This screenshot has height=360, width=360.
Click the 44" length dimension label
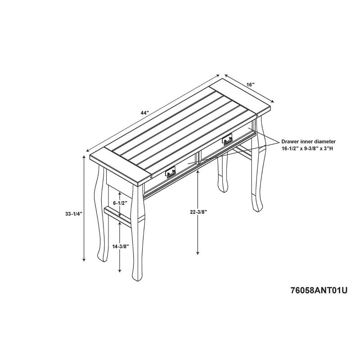[145, 113]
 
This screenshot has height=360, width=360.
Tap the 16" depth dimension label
[251, 85]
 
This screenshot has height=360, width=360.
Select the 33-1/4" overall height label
[74, 214]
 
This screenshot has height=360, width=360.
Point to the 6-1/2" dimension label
[120, 203]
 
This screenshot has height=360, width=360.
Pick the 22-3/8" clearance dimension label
[198, 212]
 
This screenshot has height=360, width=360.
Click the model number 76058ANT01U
[319, 291]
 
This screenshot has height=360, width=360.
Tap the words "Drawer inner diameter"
[309, 142]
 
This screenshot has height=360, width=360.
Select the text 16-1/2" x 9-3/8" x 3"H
[308, 148]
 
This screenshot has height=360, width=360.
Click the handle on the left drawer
[170, 172]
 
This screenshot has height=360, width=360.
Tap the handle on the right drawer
[227, 139]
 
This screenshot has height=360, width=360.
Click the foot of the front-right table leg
[257, 206]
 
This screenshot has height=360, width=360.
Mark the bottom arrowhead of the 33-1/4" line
[84, 260]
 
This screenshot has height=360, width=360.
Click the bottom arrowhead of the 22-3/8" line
[198, 252]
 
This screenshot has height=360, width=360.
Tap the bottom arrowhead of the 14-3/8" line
[120, 270]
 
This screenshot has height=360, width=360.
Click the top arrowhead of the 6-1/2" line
[120, 194]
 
